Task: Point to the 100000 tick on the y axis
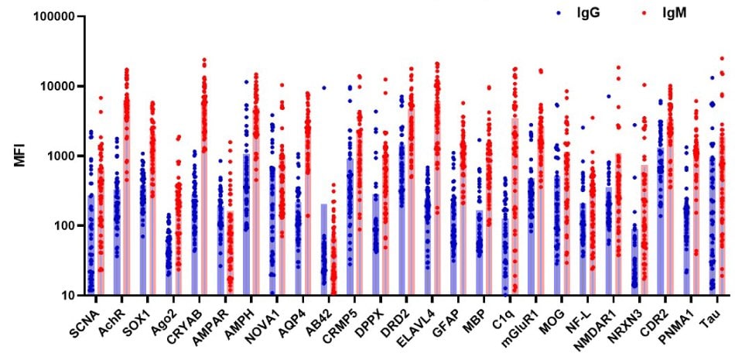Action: point(52,16)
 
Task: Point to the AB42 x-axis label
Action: point(331,320)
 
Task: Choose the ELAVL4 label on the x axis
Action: point(436,322)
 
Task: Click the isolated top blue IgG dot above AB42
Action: point(324,88)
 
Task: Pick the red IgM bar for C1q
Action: point(515,209)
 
